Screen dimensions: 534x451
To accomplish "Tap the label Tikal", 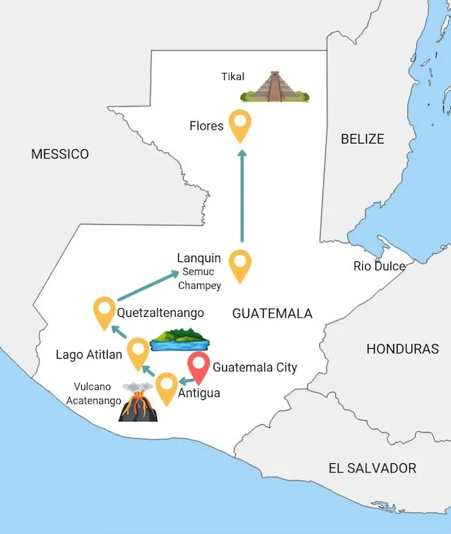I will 232,77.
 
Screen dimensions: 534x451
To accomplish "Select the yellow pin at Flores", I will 241,125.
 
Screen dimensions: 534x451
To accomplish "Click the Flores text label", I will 206,126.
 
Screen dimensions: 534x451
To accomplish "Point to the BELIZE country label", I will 361,139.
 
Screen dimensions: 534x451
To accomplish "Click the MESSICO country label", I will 60,154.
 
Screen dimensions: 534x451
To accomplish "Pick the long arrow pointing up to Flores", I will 241,195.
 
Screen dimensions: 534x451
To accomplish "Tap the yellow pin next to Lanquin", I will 240,265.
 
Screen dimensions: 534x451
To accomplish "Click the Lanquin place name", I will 198,258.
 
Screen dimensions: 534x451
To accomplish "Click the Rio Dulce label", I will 379,266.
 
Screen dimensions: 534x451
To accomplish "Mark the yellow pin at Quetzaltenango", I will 104,311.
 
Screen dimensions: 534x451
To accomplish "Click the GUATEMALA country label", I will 272,313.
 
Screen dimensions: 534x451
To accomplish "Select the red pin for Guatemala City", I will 200,368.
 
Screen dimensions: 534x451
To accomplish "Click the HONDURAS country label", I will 402,349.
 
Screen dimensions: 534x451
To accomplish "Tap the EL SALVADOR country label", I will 372,468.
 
